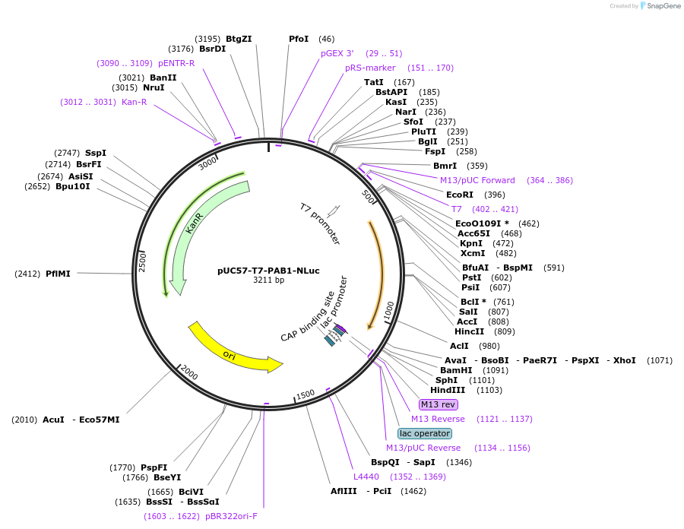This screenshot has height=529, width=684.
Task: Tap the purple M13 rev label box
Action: click(439, 404)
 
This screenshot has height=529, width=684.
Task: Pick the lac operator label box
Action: click(424, 433)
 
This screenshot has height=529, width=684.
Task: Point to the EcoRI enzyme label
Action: click(460, 195)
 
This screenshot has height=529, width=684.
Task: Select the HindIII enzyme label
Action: click(448, 390)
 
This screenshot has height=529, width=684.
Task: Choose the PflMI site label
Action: click(58, 274)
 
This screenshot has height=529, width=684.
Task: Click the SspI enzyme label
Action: click(96, 153)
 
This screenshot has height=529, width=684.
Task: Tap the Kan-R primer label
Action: click(134, 102)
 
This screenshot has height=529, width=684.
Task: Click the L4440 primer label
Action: click(366, 477)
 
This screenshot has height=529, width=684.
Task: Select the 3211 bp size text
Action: click(268, 280)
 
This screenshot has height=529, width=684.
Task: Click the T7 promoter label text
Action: click(319, 223)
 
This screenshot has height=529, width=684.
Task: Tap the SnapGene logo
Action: click(658, 6)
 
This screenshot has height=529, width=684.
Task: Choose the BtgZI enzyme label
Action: click(239, 39)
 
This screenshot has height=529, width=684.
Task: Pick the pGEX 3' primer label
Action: click(337, 53)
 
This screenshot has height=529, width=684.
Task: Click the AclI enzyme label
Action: click(460, 346)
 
